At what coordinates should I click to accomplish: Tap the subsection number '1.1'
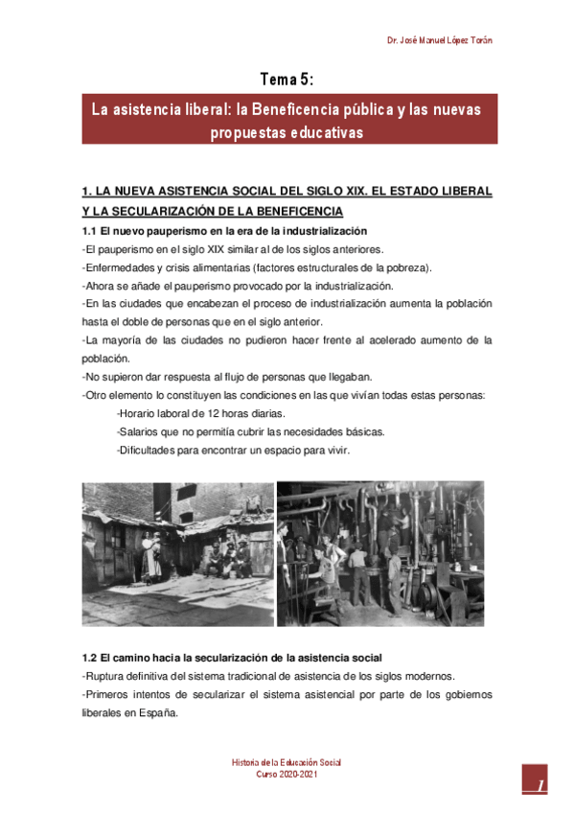pyautogui.click(x=89, y=232)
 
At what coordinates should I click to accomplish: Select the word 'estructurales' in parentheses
pyautogui.click(x=338, y=267)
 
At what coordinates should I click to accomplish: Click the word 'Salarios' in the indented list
pyautogui.click(x=138, y=431)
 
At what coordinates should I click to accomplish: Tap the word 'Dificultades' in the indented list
pyautogui.click(x=147, y=450)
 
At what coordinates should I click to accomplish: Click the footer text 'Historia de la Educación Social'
pyautogui.click(x=287, y=762)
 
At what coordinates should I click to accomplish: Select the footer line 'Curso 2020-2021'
pyautogui.click(x=287, y=775)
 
